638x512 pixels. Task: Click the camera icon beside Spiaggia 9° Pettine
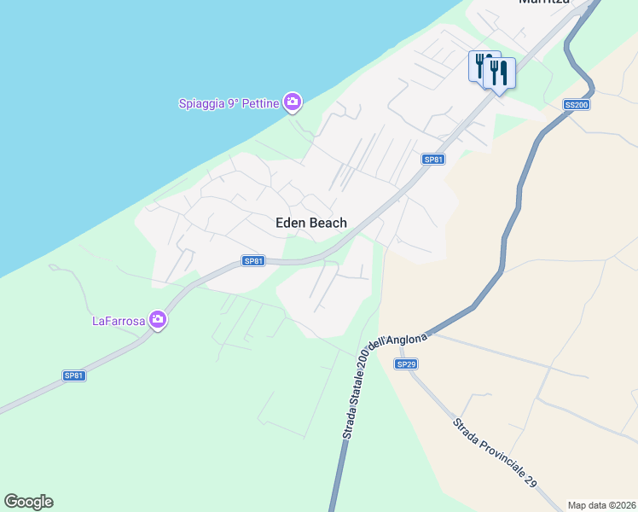point(293,103)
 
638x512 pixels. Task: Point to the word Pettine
point(260,104)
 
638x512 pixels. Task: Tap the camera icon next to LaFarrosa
point(157,320)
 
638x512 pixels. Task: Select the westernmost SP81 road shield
point(74,375)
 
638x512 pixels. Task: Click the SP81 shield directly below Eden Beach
point(252,261)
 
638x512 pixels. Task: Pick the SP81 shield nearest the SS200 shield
point(433,160)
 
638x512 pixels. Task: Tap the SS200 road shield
point(577,105)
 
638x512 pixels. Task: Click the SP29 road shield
point(406,364)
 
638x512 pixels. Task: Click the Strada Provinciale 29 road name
point(494,453)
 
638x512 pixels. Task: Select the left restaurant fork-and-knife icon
point(480,65)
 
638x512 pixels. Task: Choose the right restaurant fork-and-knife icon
point(501,72)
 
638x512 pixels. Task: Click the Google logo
point(28,502)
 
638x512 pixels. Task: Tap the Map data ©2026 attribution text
point(601,505)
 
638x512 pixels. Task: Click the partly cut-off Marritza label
point(543,3)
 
